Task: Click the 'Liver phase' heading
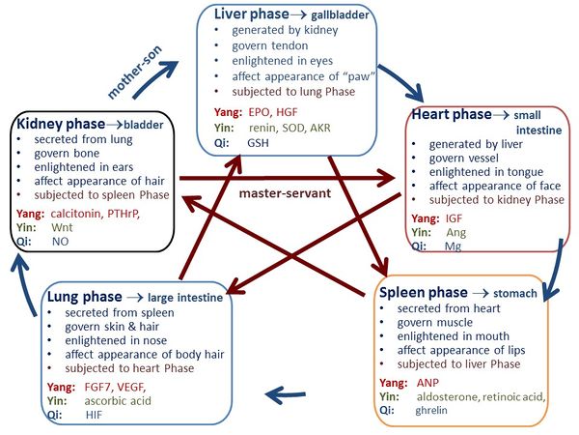click(249, 15)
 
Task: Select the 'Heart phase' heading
click(452, 114)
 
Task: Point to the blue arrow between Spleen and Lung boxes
click(287, 392)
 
